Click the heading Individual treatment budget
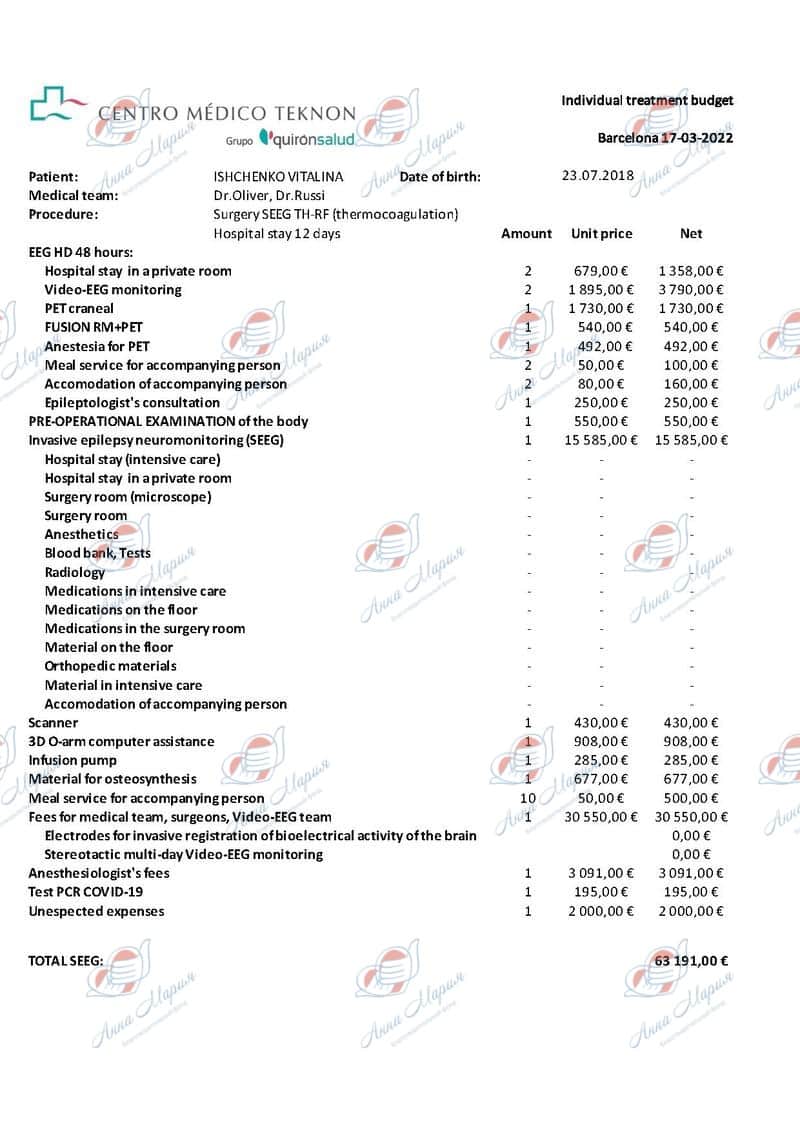(647, 100)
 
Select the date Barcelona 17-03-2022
(665, 138)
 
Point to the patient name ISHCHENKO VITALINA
(278, 176)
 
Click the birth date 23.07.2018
(598, 175)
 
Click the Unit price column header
(601, 233)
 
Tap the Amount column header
(526, 233)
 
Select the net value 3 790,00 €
(691, 289)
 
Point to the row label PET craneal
(79, 308)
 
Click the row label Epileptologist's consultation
(132, 402)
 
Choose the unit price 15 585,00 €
(597, 440)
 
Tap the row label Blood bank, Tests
(98, 553)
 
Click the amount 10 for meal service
(528, 798)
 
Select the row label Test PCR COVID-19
(86, 892)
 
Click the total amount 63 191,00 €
(691, 960)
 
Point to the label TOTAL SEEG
(66, 960)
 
